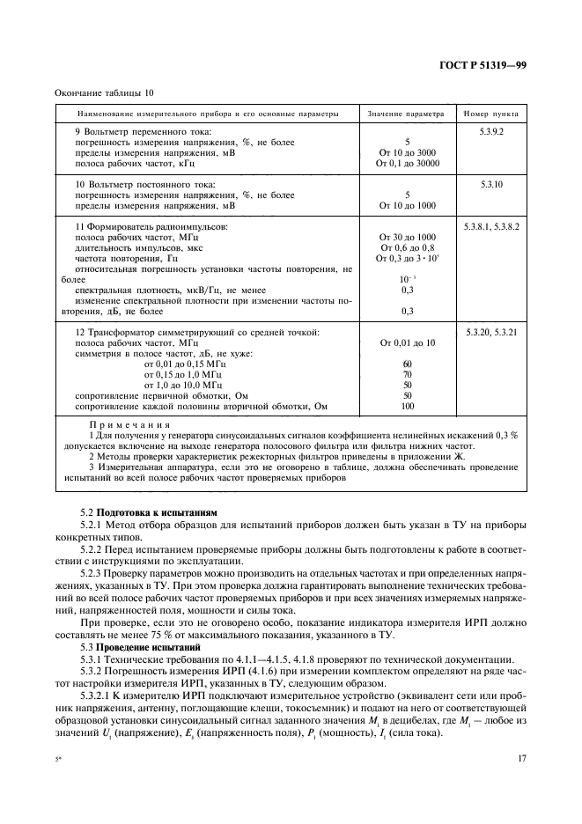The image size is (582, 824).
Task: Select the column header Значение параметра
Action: pyautogui.click(x=407, y=114)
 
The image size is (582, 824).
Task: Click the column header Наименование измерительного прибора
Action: pyautogui.click(x=207, y=114)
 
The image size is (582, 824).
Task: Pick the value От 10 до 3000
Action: pyautogui.click(x=407, y=152)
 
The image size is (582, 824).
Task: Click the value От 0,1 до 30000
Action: pyautogui.click(x=407, y=164)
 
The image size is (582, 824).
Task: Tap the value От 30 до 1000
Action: pyautogui.click(x=407, y=238)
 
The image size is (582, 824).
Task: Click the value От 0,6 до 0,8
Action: pyautogui.click(x=407, y=248)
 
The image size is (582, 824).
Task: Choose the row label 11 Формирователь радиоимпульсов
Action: pyautogui.click(x=151, y=226)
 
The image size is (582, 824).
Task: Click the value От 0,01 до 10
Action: pyautogui.click(x=407, y=342)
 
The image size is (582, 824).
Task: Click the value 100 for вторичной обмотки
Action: pyautogui.click(x=407, y=407)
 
